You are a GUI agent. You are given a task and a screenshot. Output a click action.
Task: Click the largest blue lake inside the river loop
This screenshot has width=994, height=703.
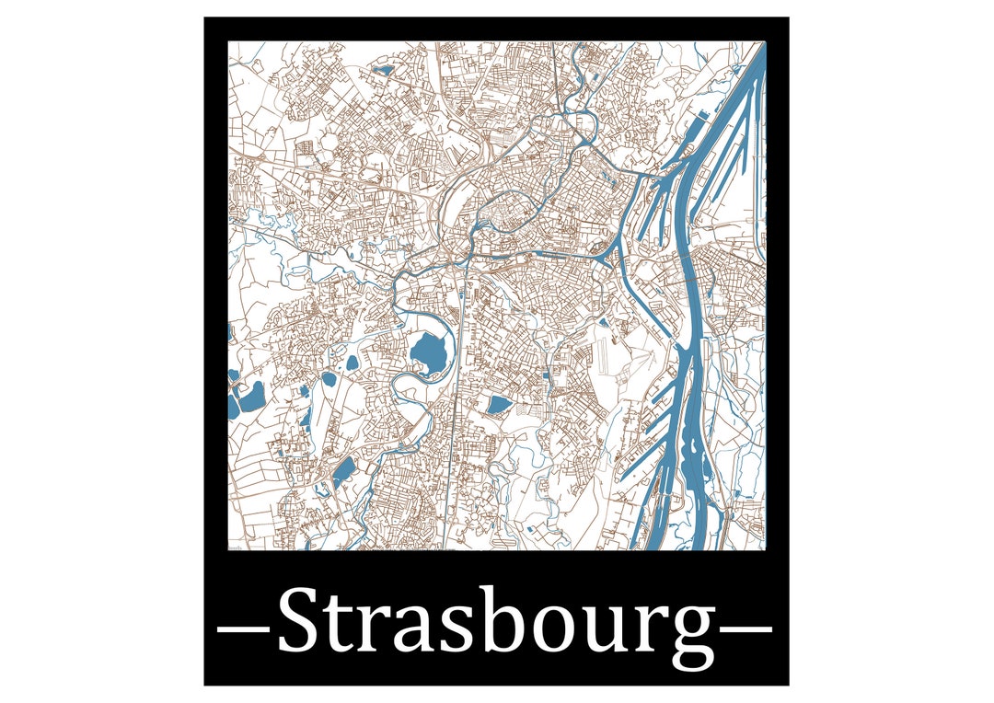(x=428, y=353)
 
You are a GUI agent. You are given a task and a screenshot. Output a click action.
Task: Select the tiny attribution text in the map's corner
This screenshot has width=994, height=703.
(x=237, y=547)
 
